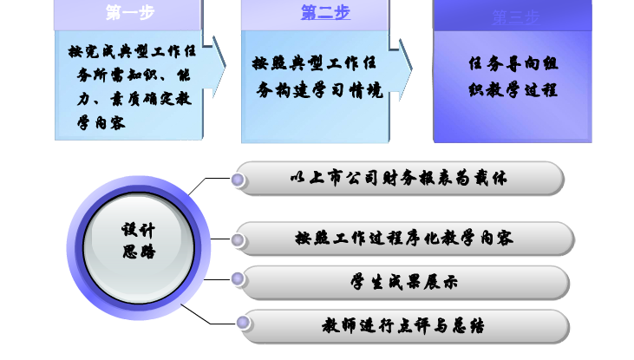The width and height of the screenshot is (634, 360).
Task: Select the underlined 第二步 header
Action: click(x=325, y=12)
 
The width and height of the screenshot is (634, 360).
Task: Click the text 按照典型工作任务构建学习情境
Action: click(x=317, y=77)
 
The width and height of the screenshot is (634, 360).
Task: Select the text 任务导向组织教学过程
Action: click(x=512, y=77)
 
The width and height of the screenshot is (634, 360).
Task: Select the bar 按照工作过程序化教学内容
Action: click(x=404, y=238)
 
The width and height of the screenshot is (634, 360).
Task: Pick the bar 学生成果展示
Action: click(x=404, y=282)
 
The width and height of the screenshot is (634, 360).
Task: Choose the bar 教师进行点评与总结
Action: click(x=404, y=326)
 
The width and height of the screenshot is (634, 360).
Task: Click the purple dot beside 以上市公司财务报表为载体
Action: click(x=239, y=180)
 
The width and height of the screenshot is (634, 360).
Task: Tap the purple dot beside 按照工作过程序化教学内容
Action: click(x=239, y=238)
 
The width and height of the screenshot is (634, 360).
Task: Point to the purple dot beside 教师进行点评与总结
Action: click(x=244, y=324)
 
